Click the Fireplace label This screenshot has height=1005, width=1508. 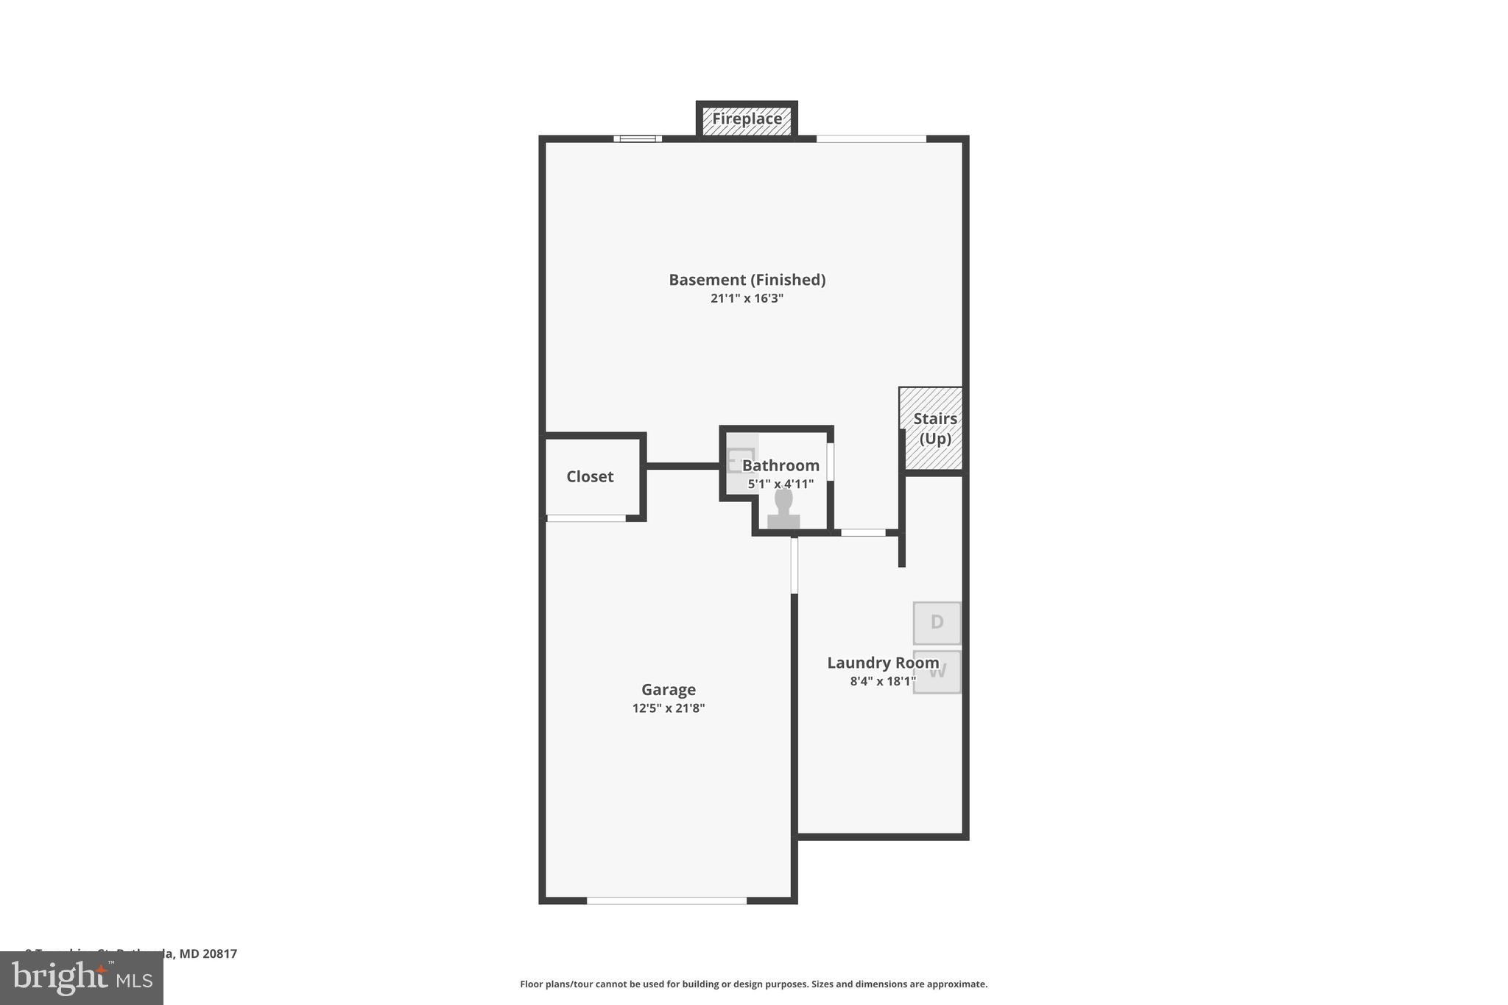[x=747, y=119]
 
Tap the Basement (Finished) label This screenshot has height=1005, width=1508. [x=747, y=280]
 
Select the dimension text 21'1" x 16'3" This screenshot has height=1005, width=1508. [x=747, y=298]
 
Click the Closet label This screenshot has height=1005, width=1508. [x=590, y=476]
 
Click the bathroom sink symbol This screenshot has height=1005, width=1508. [x=740, y=461]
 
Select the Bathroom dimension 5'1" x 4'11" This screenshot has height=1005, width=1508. [x=781, y=484]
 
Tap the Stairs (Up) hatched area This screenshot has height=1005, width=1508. [x=931, y=429]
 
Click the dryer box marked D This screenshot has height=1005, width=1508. [x=937, y=623]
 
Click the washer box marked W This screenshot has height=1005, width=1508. [x=937, y=671]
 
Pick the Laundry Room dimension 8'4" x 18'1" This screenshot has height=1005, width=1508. [x=883, y=681]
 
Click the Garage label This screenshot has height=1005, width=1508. [x=668, y=690]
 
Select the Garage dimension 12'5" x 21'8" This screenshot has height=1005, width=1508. [x=668, y=708]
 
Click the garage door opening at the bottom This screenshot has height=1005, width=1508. [x=666, y=900]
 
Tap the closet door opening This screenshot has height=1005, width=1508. [x=586, y=518]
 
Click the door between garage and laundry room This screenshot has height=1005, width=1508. [x=794, y=565]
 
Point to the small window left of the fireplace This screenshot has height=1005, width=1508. [x=638, y=138]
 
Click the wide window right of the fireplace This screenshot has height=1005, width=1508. [x=870, y=138]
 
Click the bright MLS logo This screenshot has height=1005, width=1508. [x=82, y=978]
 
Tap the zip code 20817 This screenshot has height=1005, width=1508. [x=220, y=953]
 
